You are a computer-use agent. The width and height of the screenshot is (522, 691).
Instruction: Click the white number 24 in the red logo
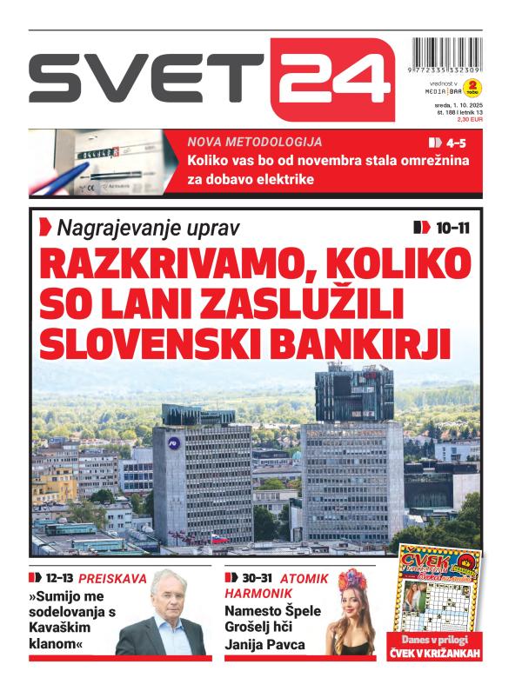(x=332, y=79)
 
